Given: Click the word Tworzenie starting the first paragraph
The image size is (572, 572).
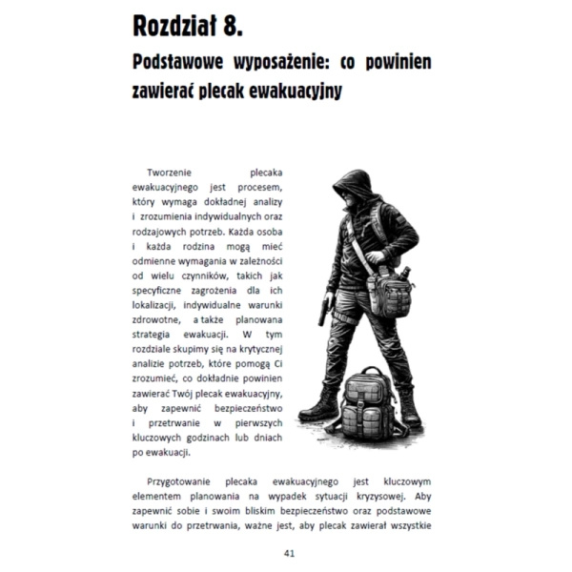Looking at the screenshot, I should coord(172,174).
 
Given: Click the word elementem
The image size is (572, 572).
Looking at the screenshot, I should coord(161,496).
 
